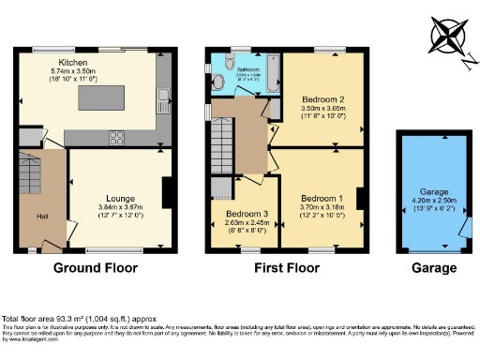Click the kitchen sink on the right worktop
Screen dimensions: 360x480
tap(165, 95)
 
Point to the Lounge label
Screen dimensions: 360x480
tap(119, 199)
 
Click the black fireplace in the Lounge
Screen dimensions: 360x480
tap(167, 193)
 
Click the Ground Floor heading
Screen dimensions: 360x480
tap(97, 268)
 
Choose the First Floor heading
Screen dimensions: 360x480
tap(288, 268)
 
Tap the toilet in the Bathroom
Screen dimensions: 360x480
tap(219, 82)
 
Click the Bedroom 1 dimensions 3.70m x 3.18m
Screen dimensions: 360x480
tap(322, 208)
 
